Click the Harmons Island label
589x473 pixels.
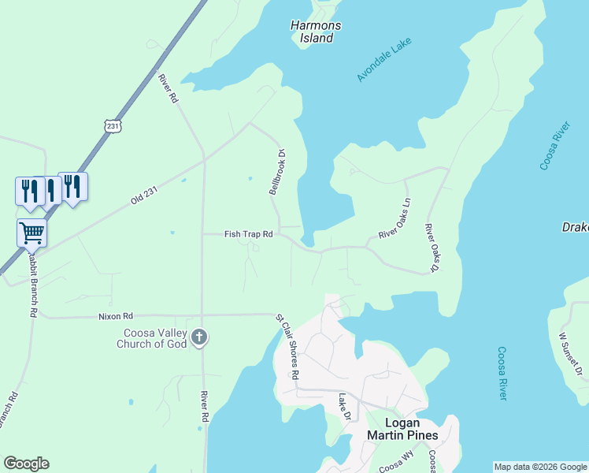pyautogui.click(x=316, y=32)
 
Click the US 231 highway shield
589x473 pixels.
pyautogui.click(x=112, y=127)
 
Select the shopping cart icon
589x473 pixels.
pyautogui.click(x=31, y=233)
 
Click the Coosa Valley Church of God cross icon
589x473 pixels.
pyautogui.click(x=199, y=337)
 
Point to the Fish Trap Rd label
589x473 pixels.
pyautogui.click(x=248, y=234)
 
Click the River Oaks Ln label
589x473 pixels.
pyautogui.click(x=395, y=219)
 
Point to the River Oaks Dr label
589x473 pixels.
pyautogui.click(x=432, y=248)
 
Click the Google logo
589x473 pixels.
pyautogui.click(x=26, y=464)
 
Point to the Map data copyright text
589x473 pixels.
pyautogui.click(x=540, y=467)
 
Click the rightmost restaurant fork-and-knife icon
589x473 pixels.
pyautogui.click(x=72, y=186)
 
